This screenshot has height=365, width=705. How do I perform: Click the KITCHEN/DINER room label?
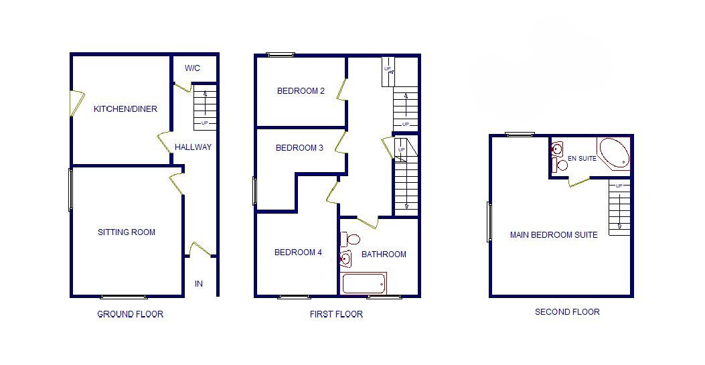(125, 108)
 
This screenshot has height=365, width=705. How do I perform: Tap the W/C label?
(192, 68)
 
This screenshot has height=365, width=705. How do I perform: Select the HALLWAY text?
(193, 147)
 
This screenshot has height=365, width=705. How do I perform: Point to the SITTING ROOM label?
(127, 232)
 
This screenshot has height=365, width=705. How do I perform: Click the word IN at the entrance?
(199, 284)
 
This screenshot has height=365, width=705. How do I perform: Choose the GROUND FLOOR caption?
(131, 314)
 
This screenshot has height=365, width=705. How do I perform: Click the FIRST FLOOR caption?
(336, 314)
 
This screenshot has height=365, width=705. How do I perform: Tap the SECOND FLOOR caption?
(568, 311)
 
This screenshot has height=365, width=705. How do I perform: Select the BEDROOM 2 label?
(301, 91)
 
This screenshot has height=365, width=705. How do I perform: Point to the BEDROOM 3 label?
(299, 148)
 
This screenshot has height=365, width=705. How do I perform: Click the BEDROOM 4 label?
(298, 252)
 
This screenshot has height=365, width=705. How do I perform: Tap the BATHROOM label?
(384, 254)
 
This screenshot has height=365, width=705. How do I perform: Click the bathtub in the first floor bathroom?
(364, 283)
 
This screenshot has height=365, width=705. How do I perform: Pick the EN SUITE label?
(582, 158)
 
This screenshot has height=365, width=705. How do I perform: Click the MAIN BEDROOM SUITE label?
(554, 234)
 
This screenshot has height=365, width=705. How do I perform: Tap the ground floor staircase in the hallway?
(205, 107)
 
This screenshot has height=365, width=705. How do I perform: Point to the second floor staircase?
(619, 207)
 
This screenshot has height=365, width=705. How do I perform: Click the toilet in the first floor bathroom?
(350, 239)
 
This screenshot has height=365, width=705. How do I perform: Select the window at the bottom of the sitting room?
(124, 297)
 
